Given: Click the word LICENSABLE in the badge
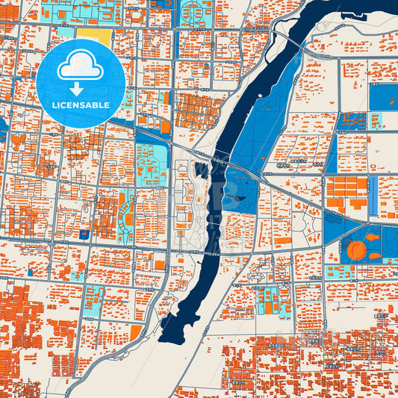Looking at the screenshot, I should click(81, 105).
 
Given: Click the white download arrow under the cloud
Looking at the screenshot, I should click(81, 89).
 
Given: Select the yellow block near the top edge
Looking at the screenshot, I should click(93, 37).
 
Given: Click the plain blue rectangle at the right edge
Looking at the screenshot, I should click(384, 96).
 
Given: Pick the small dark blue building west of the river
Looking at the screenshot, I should click(199, 170).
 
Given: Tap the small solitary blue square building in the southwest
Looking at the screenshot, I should click(31, 273).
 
